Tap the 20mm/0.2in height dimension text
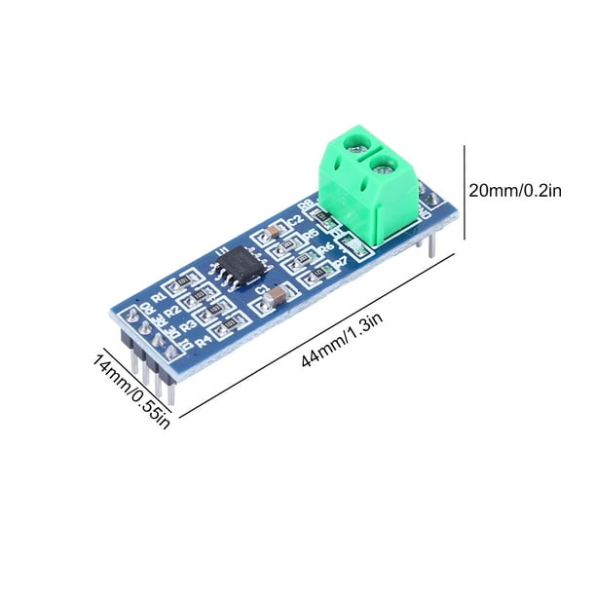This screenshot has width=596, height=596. (x=515, y=192)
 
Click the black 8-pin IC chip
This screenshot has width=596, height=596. (x=237, y=265)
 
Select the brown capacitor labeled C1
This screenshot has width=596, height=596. (x=279, y=293)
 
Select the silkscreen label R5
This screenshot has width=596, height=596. (x=314, y=236)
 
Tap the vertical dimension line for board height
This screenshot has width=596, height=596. (x=464, y=191)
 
